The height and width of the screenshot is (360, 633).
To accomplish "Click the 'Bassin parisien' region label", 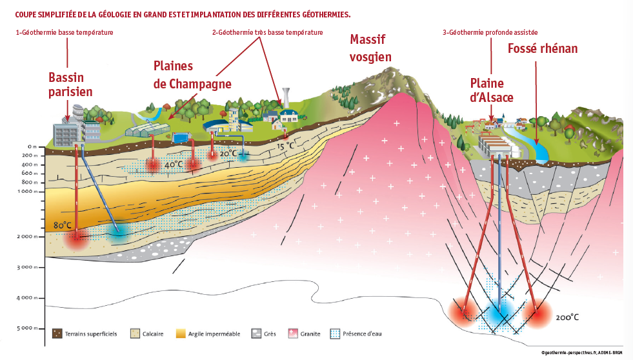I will point(70,85).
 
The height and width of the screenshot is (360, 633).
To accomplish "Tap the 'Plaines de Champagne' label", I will point(192,75).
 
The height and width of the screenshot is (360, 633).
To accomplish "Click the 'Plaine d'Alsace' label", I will point(491,90).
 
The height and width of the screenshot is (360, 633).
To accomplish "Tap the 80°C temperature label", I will point(63,226).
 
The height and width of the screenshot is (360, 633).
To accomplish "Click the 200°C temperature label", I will point(567,317).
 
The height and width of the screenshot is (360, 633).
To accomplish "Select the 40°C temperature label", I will point(172,165).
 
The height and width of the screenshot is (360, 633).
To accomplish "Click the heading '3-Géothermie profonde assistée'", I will point(490,32).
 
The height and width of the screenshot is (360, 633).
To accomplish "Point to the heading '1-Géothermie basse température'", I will point(65,32).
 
